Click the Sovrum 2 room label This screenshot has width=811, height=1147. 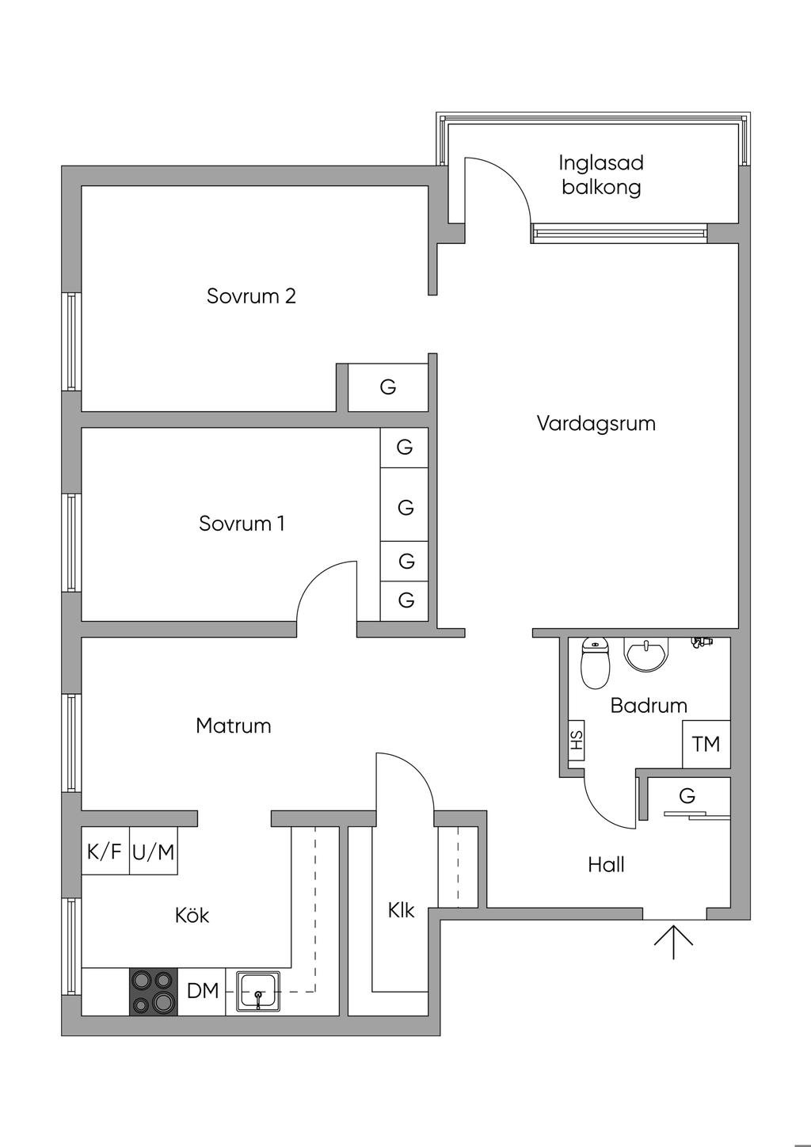pos(251,296)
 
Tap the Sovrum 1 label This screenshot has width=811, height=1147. pos(242,524)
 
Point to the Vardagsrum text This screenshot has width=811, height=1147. pos(596,423)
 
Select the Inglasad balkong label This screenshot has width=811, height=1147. pos(601,175)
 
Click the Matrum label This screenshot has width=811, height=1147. pos(233,726)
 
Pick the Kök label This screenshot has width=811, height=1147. pos(192,916)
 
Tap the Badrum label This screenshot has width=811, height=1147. pos(649,705)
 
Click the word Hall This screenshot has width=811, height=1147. pos(606,865)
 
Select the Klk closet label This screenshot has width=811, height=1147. pos(401,911)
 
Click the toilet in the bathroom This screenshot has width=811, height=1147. pos(595,664)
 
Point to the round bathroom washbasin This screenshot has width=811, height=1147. pos(647,655)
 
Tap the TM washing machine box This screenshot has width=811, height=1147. pos(706,745)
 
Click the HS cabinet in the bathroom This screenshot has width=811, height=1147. pos(577,741)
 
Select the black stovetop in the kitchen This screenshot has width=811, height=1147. pos(154,992)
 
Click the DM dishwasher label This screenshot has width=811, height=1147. pos(203,991)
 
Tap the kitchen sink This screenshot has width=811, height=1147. pos(257,991)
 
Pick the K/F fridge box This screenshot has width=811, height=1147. pos(105,852)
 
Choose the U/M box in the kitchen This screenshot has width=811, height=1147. pos(154,852)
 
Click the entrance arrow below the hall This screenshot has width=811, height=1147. pos(673,939)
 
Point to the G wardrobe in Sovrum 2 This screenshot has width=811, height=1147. pos(388,387)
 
